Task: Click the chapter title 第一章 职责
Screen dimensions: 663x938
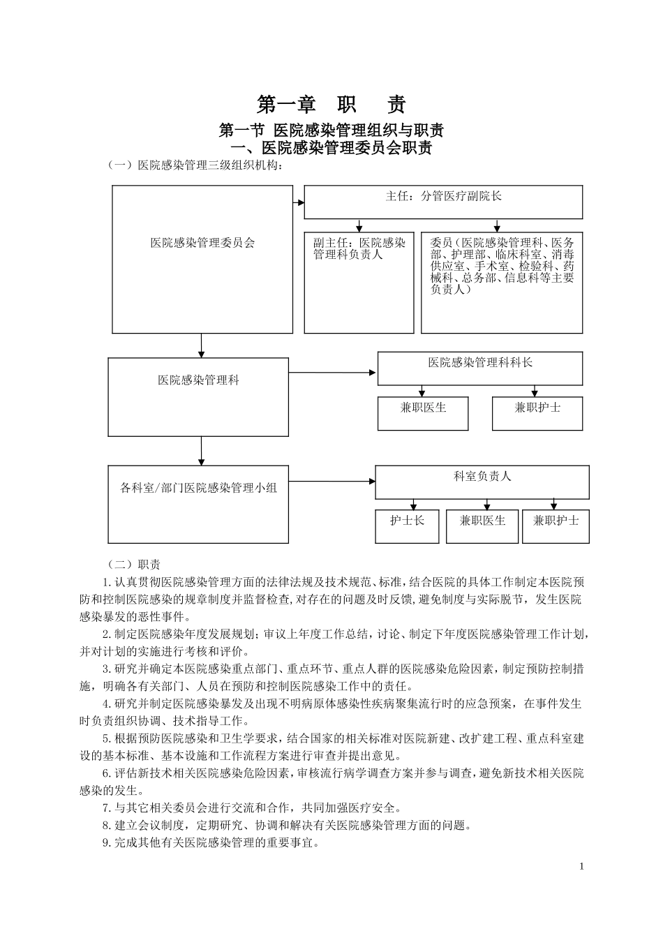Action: point(331,105)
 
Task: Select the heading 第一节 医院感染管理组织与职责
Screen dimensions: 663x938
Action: point(331,131)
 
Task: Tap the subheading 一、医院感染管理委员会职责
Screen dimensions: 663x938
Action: point(331,148)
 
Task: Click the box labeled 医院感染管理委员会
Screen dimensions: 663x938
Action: point(202,244)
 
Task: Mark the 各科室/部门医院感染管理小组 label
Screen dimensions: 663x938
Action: point(198,488)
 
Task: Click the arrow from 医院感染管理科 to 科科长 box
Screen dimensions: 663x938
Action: point(333,373)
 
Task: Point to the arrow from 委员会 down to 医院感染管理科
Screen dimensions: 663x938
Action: point(201,345)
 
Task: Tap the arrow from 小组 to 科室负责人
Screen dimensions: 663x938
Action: point(332,481)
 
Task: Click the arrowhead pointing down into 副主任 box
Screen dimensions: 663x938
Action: point(359,228)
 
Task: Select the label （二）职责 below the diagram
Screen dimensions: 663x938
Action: point(133,564)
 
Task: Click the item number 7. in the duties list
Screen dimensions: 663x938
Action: point(107,808)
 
